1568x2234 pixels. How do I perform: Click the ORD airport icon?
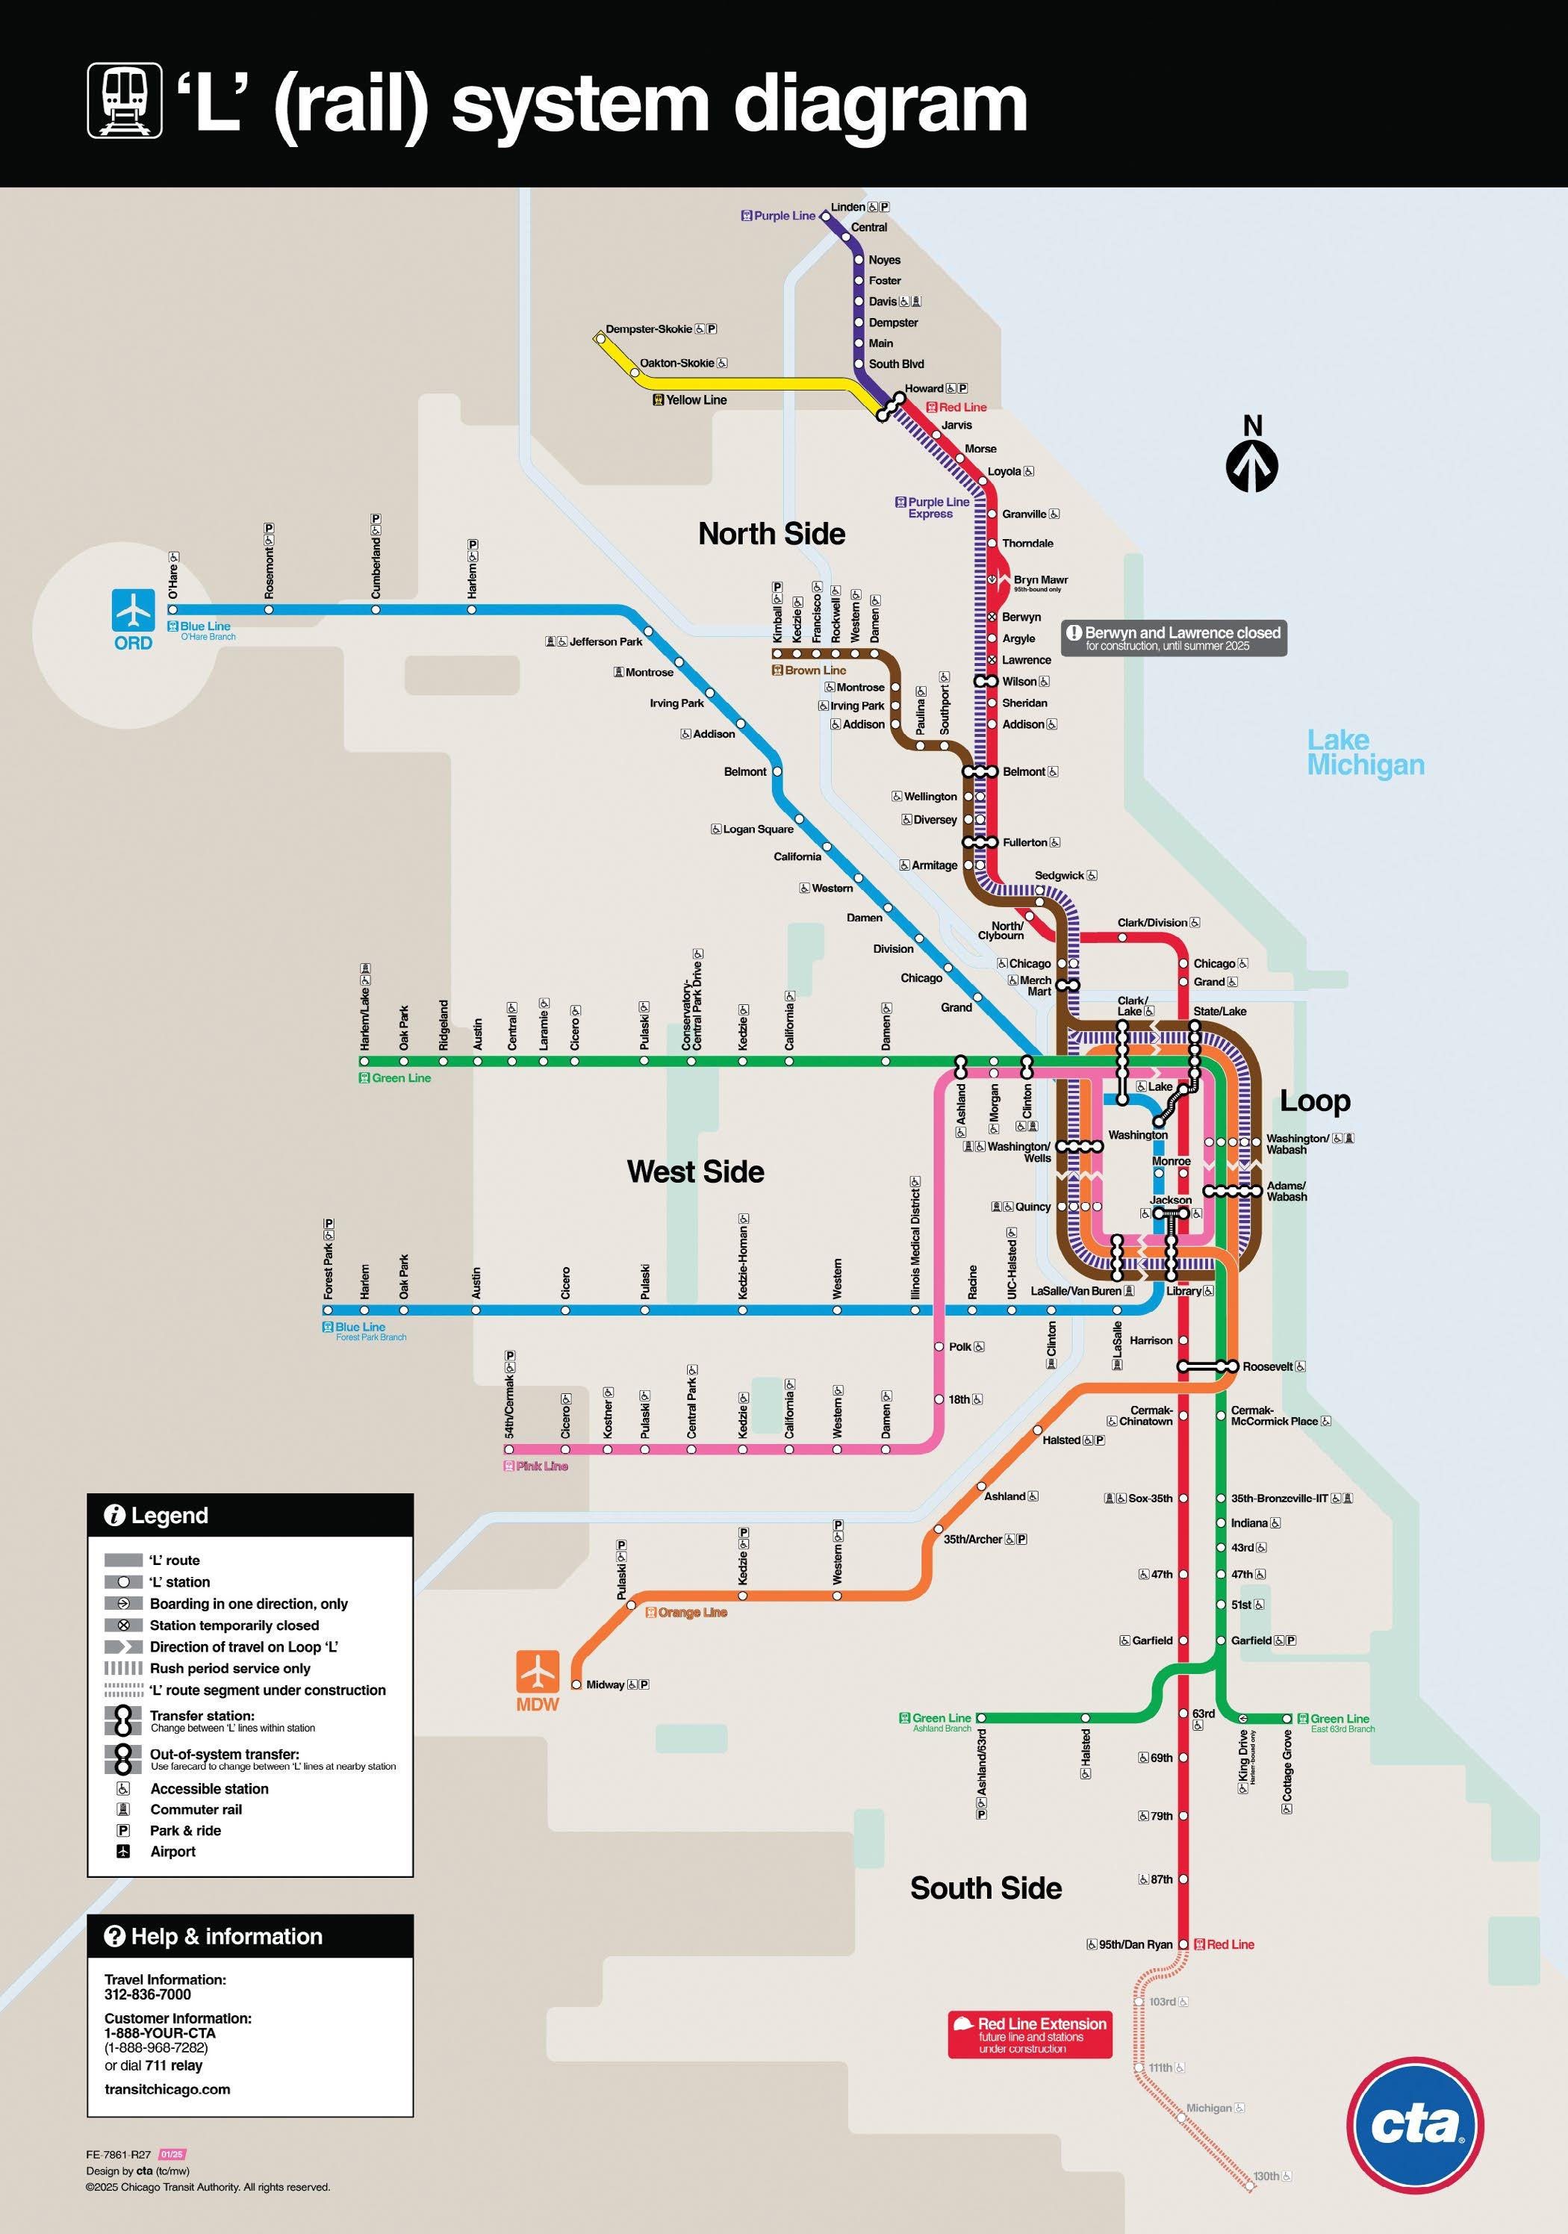pos(134,610)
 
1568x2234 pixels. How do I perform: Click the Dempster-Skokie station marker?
pos(599,337)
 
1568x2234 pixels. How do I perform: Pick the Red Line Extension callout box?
pos(1030,2035)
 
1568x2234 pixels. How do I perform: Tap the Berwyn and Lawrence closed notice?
pos(1174,638)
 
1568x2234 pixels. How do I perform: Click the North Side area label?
pos(772,533)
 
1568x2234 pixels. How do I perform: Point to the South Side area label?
pos(985,1888)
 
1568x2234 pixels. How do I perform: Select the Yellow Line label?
pos(696,400)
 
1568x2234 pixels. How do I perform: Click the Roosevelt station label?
pos(1267,1366)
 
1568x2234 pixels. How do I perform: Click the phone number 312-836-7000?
pos(148,1994)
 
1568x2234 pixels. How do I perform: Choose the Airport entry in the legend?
pos(173,1852)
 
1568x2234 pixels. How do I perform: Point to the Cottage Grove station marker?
pos(1287,1718)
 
